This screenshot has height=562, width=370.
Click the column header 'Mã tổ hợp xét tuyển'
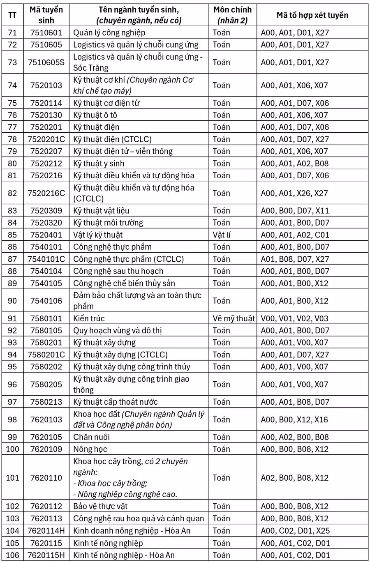pyautogui.click(x=312, y=15)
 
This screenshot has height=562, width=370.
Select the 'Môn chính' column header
pyautogui.click(x=232, y=15)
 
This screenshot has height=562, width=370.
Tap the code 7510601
pyautogui.click(x=46, y=33)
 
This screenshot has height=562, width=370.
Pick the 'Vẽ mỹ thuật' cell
pyautogui.click(x=234, y=318)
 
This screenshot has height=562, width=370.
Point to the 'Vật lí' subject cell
pyautogui.click(x=222, y=235)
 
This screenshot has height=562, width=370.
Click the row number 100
pyautogui.click(x=13, y=449)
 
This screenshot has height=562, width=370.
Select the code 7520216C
pyautogui.click(x=46, y=193)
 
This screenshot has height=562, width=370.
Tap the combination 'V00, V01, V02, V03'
pyautogui.click(x=295, y=318)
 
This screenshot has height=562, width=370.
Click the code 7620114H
pyautogui.click(x=46, y=531)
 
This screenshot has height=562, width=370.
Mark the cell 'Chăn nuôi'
pyautogui.click(x=91, y=437)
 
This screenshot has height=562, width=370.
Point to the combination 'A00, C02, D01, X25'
pyautogui.click(x=295, y=531)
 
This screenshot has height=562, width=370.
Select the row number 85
pyautogui.click(x=13, y=235)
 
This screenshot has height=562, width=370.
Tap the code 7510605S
pyautogui.click(x=46, y=62)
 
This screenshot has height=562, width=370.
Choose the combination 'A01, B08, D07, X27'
pyautogui.click(x=295, y=259)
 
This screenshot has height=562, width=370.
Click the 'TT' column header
pyautogui.click(x=13, y=15)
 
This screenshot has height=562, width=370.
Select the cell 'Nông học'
pyautogui.click(x=90, y=449)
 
